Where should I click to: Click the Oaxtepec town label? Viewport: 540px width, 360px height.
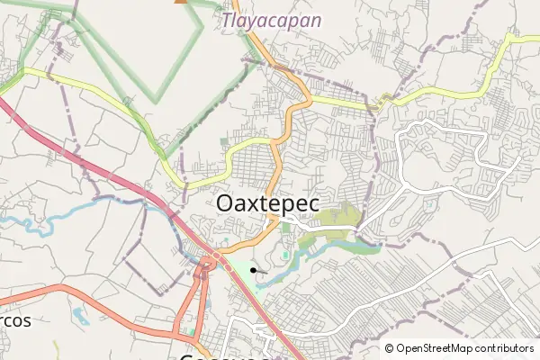pyautogui.click(x=267, y=204)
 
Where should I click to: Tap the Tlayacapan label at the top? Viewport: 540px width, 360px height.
pyautogui.click(x=261, y=19)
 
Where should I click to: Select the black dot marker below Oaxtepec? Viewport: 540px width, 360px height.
pyautogui.click(x=254, y=269)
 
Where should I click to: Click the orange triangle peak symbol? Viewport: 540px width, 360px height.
pyautogui.click(x=181, y=1)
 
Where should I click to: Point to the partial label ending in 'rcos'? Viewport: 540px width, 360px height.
pyautogui.click(x=15, y=320)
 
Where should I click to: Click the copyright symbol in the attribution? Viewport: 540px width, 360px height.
pyautogui.click(x=390, y=348)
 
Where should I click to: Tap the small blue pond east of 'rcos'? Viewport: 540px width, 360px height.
pyautogui.click(x=81, y=316)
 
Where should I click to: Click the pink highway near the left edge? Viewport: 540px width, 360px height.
pyautogui.click(x=18, y=117)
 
